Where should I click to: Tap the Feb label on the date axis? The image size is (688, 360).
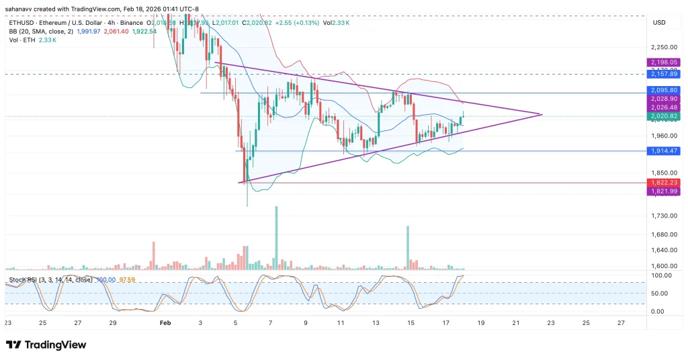click(167, 323)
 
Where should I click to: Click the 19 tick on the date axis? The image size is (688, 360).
click(480, 323)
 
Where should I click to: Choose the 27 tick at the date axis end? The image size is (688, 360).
click(621, 323)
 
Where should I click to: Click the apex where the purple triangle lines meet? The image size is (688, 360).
click(542, 115)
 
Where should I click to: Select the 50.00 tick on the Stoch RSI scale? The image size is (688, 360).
click(658, 294)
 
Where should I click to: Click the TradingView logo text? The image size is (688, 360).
click(55, 345)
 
